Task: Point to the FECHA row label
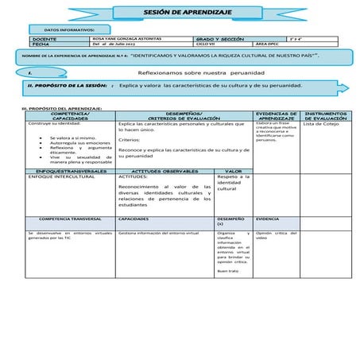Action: pos(43,44)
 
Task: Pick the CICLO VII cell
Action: pos(208,44)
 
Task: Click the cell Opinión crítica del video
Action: pos(274,235)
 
